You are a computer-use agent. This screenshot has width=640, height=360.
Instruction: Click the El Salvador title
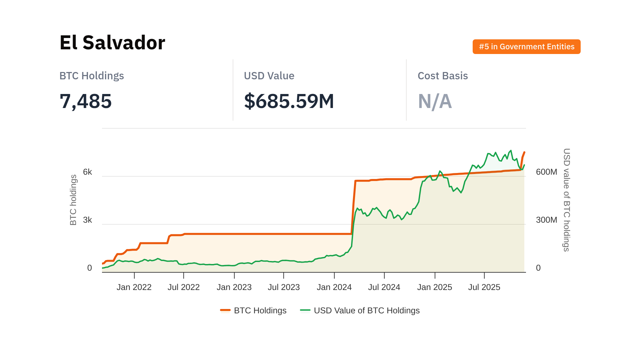click(112, 43)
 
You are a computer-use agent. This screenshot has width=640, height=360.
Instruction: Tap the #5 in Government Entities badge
click(526, 47)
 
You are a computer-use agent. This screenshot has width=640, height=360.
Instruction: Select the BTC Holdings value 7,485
click(86, 101)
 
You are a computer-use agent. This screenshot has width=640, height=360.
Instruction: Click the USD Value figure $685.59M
click(289, 101)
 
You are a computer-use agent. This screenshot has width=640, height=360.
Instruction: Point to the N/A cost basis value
click(435, 101)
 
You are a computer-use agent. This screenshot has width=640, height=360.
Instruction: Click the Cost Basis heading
click(443, 76)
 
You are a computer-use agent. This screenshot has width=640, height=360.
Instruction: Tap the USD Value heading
click(269, 76)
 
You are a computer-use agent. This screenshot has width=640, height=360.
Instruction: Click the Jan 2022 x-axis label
click(134, 287)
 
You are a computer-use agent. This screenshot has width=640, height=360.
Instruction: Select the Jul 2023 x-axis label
click(284, 287)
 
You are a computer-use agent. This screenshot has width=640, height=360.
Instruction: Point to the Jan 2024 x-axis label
click(334, 287)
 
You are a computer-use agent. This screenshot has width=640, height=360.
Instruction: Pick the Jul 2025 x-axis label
click(484, 287)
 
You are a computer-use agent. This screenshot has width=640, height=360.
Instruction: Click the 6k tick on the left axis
click(87, 172)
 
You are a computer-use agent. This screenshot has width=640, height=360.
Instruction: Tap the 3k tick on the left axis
click(87, 220)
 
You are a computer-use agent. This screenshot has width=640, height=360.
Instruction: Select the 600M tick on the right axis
click(546, 172)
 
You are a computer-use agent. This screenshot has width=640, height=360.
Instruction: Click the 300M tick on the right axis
click(546, 220)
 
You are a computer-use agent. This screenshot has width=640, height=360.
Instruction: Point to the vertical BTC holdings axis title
click(73, 200)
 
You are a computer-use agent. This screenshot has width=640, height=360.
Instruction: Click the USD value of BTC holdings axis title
click(566, 200)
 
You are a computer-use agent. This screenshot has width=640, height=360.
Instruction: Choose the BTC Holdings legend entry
click(254, 310)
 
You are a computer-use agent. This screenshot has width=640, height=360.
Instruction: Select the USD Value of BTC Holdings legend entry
click(360, 310)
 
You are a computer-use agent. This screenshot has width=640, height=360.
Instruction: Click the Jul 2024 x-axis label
click(384, 287)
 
